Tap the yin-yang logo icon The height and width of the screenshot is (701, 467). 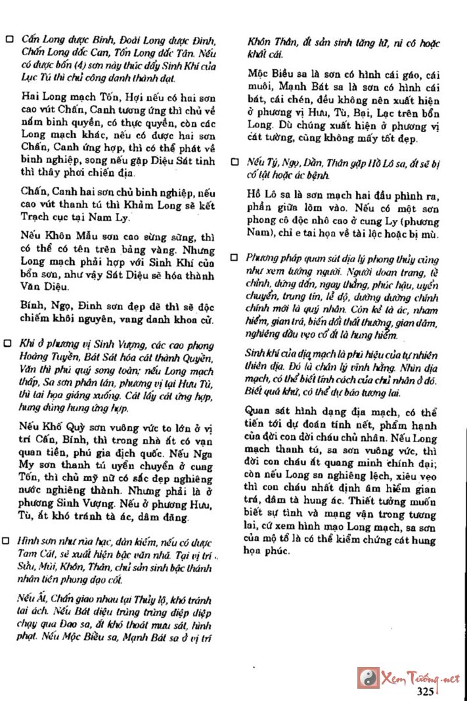coord(368,677)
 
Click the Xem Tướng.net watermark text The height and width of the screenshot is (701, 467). coord(420,678)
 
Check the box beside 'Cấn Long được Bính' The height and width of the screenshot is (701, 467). coord(9,39)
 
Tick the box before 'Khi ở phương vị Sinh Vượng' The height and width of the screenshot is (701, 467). coord(9,344)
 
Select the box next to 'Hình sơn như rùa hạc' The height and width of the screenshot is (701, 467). coord(9,540)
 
